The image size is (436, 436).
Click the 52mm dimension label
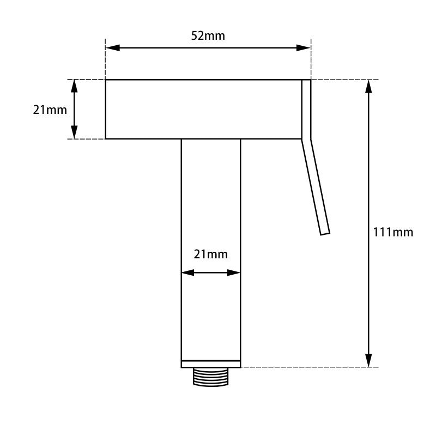pos(208,36)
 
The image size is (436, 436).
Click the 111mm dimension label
pos(393,232)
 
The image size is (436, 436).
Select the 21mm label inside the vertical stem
pos(211,254)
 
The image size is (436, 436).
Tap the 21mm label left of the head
pos(50,110)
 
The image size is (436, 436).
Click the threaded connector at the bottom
pos(211,377)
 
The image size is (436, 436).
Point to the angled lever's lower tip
pos(325,232)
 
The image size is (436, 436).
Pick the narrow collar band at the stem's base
pos(211,364)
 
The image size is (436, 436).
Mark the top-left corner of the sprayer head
pos(106,80)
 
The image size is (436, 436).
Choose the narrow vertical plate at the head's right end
pos(306,109)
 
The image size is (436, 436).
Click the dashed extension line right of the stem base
pos(305,367)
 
